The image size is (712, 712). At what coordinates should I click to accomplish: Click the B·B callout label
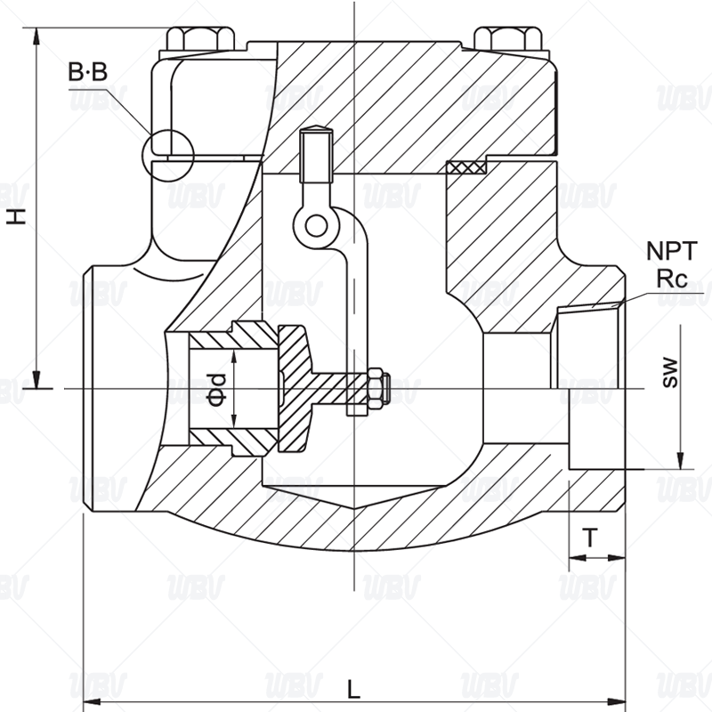pos(87,72)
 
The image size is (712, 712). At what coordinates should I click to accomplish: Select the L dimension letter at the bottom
pos(353,689)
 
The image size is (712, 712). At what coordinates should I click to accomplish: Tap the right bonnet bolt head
pos(509,40)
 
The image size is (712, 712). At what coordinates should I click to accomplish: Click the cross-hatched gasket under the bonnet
pos(465,166)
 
